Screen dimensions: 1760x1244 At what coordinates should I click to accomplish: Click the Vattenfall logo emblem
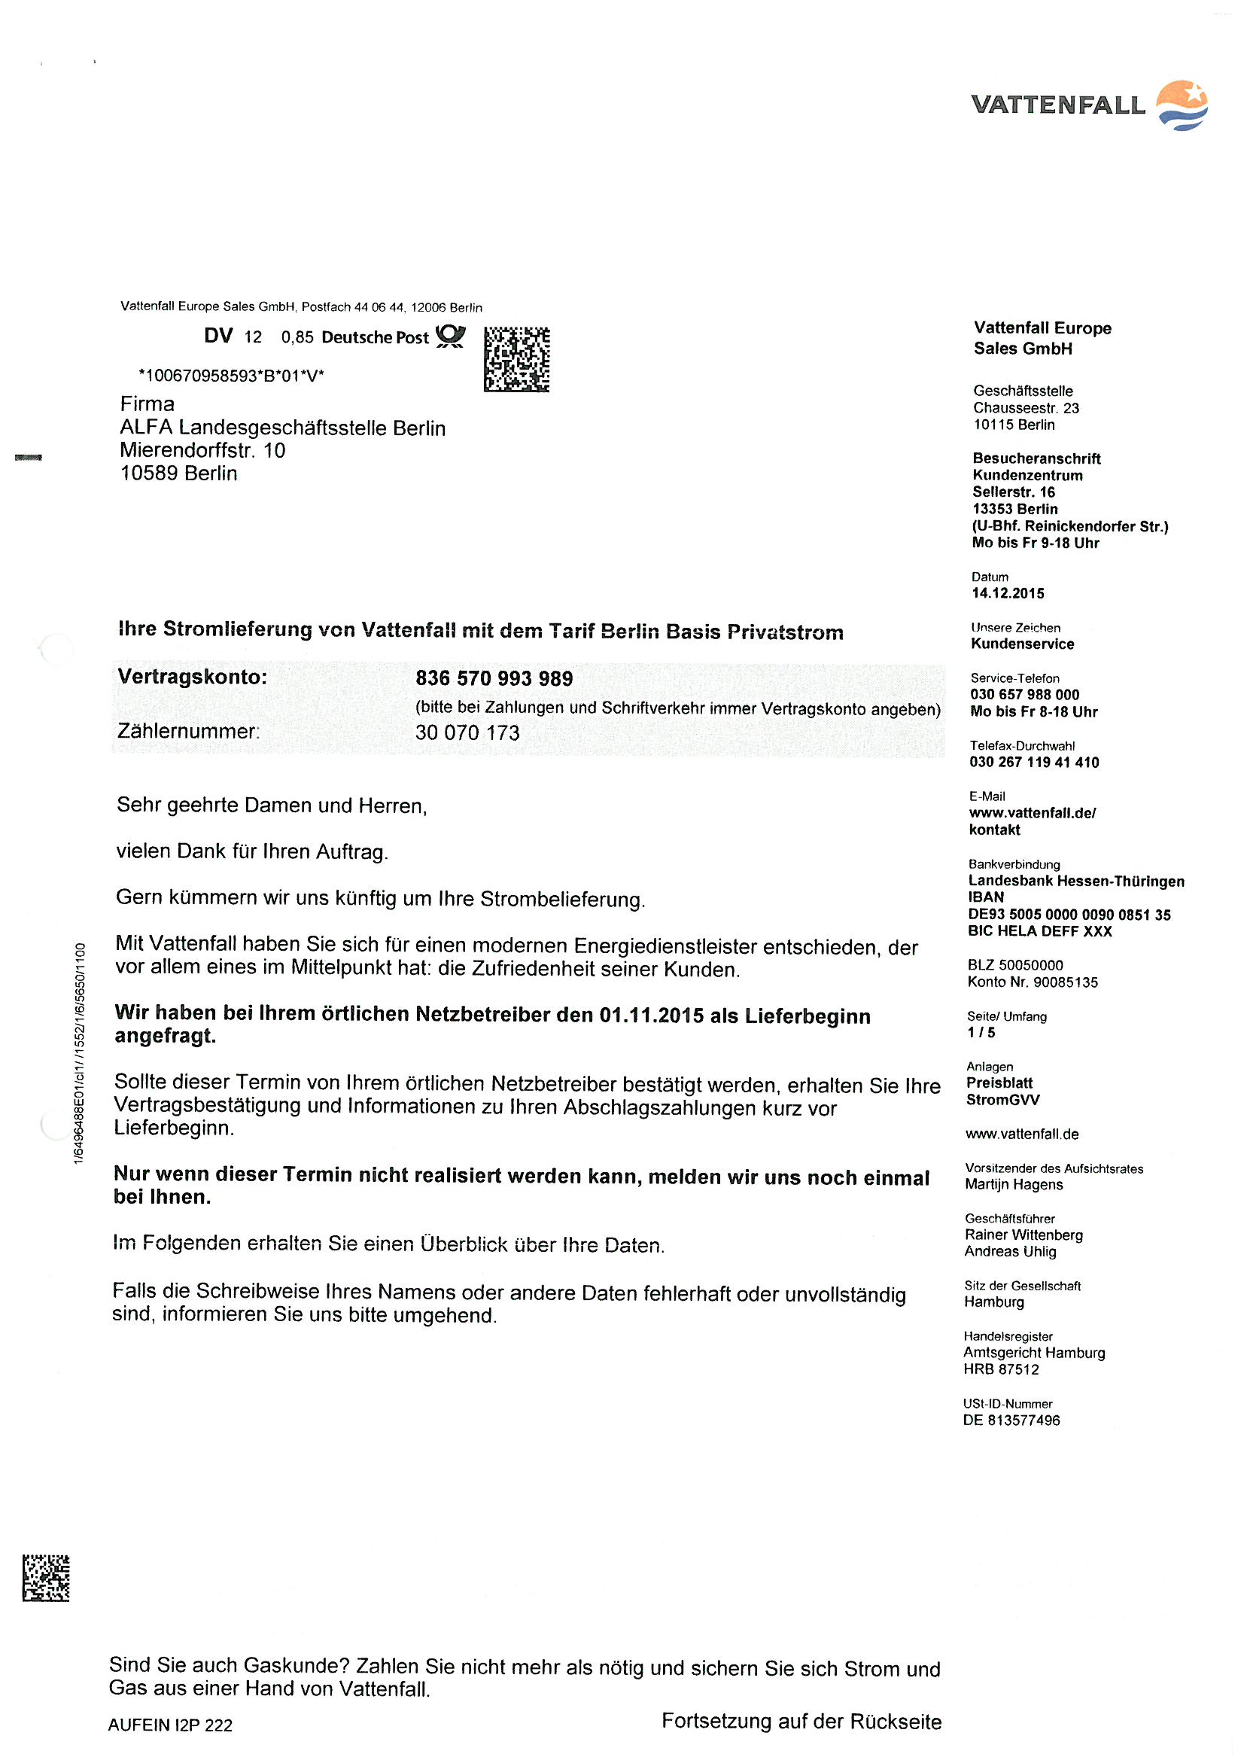click(1182, 105)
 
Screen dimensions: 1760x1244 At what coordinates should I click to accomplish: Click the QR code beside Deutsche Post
click(516, 360)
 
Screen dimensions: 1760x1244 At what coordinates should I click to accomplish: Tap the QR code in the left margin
click(46, 1578)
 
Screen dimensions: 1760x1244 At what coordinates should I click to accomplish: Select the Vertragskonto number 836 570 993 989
click(494, 678)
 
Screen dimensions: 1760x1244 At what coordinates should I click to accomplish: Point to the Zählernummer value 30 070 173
click(467, 732)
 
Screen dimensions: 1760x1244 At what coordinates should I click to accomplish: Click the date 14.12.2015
click(1007, 593)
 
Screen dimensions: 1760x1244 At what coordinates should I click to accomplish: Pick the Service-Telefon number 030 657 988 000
click(1024, 695)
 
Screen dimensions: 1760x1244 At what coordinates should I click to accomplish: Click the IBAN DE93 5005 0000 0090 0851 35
click(1069, 915)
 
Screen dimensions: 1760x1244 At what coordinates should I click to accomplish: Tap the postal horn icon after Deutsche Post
click(450, 336)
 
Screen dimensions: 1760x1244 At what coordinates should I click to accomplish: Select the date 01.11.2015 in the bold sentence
click(651, 1016)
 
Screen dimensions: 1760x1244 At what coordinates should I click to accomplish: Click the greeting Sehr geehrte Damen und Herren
click(272, 805)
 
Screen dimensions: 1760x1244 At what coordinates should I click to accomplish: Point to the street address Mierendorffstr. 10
click(202, 450)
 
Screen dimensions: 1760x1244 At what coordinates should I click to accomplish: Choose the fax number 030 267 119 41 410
click(1033, 762)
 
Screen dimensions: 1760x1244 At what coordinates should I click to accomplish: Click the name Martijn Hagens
click(1013, 1184)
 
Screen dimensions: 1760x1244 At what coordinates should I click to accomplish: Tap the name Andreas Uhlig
click(1009, 1251)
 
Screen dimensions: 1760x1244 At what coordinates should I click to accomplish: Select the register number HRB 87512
click(1001, 1369)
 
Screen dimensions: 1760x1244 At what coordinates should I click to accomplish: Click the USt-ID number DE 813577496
click(1011, 1420)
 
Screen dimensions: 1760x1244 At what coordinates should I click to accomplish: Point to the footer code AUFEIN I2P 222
click(170, 1725)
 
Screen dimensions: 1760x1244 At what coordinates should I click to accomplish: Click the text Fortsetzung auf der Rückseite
click(801, 1721)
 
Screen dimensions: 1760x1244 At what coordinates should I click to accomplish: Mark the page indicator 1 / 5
click(981, 1033)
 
